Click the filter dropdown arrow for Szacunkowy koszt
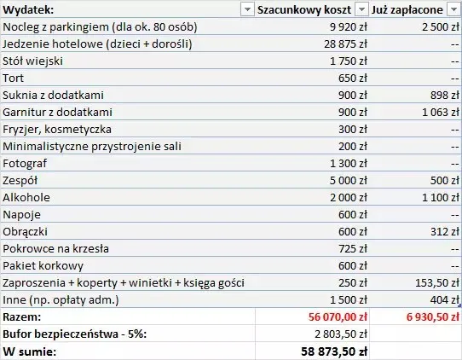[x=361, y=9]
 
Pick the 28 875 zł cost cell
[x=341, y=44]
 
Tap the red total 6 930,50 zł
[x=422, y=316]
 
